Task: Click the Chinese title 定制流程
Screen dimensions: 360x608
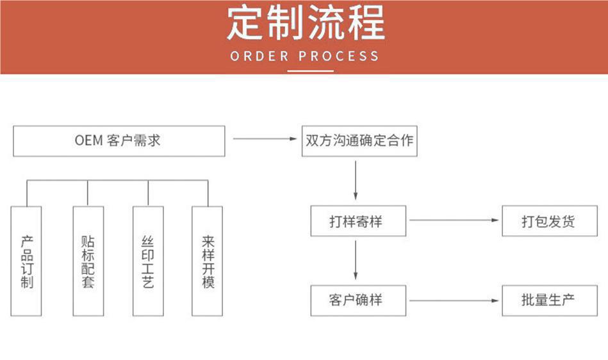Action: point(305,23)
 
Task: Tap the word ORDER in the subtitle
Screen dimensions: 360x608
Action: point(259,56)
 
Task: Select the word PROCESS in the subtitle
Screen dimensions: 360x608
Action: point(339,56)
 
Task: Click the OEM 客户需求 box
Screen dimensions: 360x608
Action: point(119,141)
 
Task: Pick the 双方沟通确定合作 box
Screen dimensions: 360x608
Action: point(359,141)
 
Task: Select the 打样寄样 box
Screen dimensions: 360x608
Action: point(358,222)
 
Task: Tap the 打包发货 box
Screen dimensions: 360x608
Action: point(549,222)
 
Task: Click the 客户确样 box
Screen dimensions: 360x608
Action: point(358,300)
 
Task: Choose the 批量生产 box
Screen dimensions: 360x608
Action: point(549,300)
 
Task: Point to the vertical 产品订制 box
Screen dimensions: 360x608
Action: point(26,261)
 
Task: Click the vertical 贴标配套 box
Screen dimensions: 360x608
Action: point(88,261)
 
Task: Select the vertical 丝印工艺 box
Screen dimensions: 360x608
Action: point(148,261)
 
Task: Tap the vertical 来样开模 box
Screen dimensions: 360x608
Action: point(208,261)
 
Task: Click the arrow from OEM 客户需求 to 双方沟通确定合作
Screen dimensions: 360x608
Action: point(263,138)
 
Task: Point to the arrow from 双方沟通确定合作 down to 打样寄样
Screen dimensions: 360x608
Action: point(356,180)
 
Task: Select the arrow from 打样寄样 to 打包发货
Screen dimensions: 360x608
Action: point(454,220)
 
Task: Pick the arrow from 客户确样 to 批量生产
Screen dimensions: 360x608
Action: point(454,300)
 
